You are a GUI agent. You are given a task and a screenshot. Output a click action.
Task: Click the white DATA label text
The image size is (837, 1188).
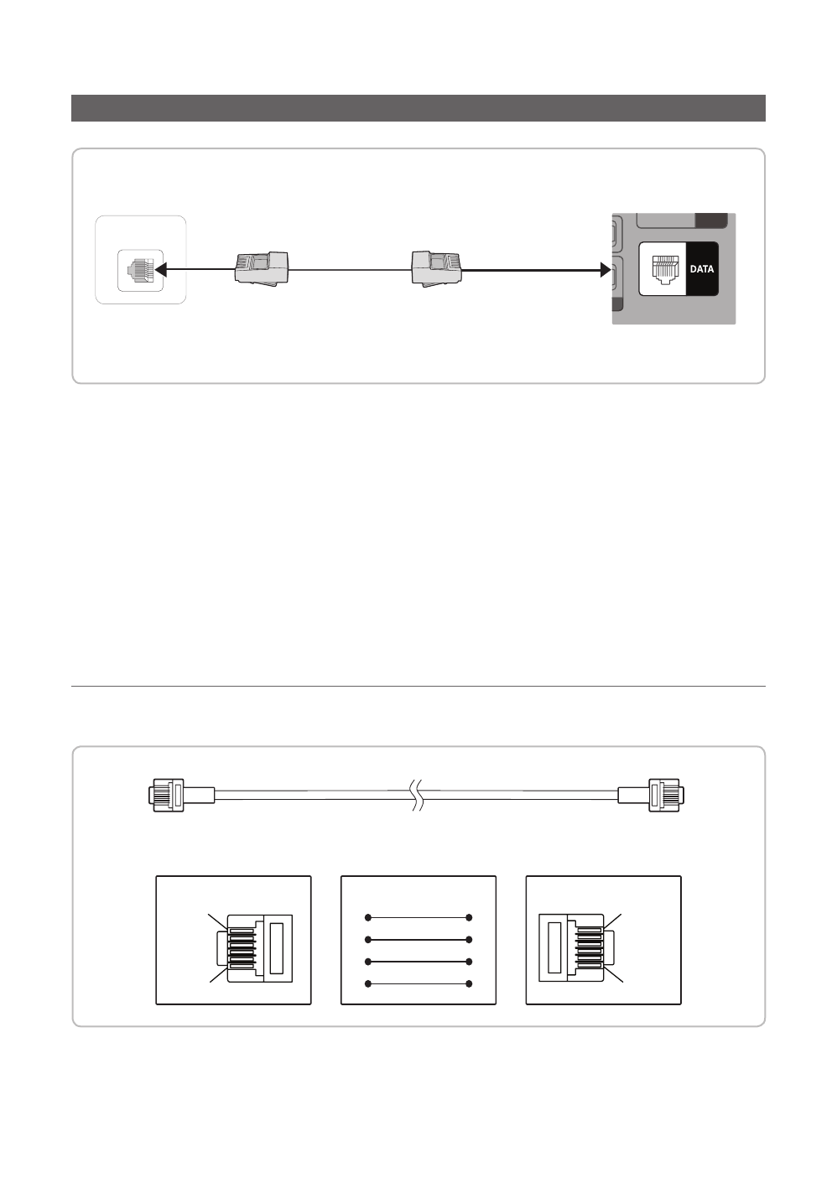pos(702,269)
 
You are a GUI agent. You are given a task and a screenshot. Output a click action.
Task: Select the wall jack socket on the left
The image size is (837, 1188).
pos(140,269)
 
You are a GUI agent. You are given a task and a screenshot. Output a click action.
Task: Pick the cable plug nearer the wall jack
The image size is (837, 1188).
pos(262,269)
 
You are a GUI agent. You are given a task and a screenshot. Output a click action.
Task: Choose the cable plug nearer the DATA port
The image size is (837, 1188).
pos(436,269)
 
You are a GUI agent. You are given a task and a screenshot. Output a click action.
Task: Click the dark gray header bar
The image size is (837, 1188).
pos(418,108)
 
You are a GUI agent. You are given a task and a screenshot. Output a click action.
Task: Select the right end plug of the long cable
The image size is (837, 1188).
pos(663,795)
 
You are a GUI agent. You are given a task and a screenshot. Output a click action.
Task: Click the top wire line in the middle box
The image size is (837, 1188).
pos(418,917)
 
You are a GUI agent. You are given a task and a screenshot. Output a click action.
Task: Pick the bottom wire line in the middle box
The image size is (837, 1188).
pos(418,983)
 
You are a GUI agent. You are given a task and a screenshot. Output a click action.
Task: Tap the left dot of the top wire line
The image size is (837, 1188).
pos(368,917)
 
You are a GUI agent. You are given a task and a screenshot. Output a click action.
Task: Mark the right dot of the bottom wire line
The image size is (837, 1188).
pos(470,983)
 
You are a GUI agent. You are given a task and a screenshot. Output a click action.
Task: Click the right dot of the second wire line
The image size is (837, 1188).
pos(470,939)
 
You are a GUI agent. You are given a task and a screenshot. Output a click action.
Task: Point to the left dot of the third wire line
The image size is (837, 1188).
pos(368,962)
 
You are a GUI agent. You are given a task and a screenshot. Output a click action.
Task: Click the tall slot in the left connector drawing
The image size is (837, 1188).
pos(277,947)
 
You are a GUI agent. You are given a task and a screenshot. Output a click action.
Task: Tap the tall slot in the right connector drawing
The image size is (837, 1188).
pos(554,947)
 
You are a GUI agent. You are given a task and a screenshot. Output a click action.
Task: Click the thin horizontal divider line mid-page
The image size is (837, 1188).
pos(418,687)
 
